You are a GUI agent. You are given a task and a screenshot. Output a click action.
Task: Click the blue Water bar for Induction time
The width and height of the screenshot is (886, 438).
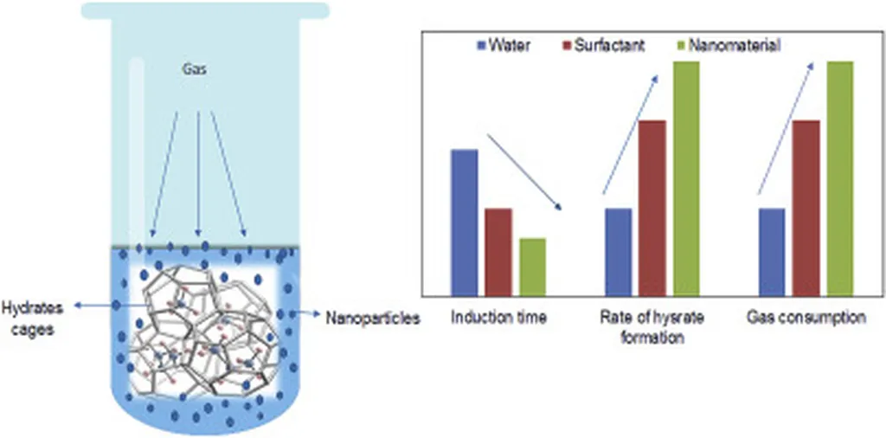click(x=465, y=222)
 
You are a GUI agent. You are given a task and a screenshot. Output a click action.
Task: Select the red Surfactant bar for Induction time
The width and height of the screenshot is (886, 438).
click(x=498, y=251)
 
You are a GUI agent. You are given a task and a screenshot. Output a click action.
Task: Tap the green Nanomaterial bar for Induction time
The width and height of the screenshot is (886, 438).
click(x=532, y=266)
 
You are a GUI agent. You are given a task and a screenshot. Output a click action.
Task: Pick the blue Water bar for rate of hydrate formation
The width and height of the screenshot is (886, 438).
click(x=618, y=251)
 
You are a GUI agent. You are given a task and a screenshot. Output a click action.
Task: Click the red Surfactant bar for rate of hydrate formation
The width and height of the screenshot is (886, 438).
click(x=652, y=207)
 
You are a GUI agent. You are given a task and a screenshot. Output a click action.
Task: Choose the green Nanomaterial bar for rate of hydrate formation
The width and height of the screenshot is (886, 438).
click(x=686, y=177)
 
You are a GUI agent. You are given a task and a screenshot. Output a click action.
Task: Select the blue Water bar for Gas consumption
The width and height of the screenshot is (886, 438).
click(x=771, y=251)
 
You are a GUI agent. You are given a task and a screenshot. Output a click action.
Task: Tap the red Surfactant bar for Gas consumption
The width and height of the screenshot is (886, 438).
click(x=806, y=207)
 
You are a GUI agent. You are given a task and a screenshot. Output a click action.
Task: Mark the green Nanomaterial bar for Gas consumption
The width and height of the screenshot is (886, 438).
click(x=839, y=177)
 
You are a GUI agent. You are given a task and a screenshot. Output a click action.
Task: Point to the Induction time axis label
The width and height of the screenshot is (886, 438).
click(x=498, y=318)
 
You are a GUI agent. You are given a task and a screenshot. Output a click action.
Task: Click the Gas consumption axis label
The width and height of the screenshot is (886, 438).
click(x=806, y=318)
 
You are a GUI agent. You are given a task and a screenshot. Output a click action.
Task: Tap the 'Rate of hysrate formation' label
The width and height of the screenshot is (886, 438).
click(x=653, y=327)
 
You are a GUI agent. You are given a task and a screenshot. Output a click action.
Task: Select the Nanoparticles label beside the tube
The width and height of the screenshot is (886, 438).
click(x=373, y=319)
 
